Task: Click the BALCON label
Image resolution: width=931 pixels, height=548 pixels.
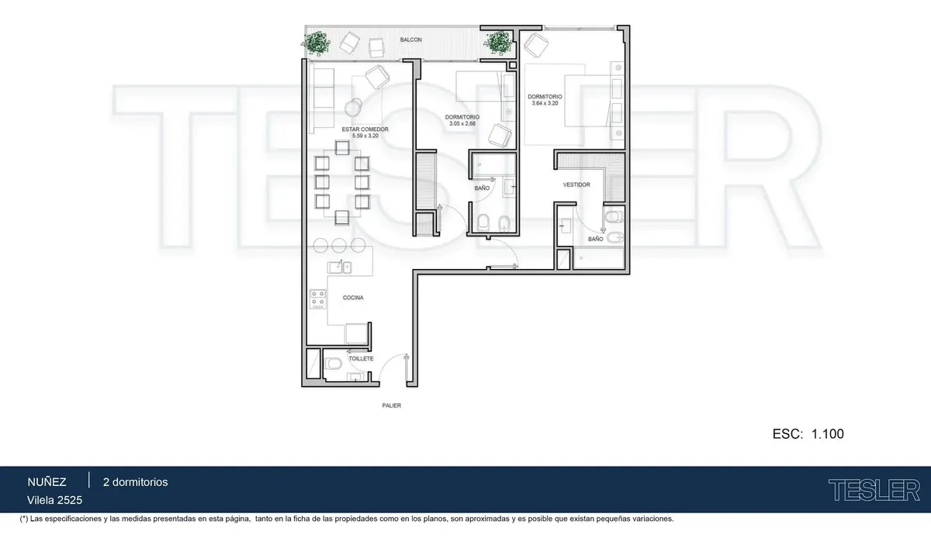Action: point(410,40)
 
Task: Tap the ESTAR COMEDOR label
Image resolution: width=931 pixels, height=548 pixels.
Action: point(365,129)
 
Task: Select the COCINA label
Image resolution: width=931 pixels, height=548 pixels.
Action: point(353,298)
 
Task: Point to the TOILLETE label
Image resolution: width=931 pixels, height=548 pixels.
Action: point(361,359)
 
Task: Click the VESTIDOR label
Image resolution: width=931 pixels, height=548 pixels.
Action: point(576,184)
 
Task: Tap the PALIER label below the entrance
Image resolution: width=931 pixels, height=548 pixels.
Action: point(392,405)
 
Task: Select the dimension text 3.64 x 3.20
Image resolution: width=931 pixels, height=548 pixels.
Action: point(545,103)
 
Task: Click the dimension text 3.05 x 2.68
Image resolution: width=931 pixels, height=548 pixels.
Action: point(462,124)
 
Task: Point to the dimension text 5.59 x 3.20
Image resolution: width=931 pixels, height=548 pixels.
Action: point(365,136)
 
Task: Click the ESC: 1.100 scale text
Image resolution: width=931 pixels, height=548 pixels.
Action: point(808,434)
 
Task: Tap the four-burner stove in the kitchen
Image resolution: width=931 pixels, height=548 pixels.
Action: point(317,299)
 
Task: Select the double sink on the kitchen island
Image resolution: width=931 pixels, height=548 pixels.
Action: point(340,267)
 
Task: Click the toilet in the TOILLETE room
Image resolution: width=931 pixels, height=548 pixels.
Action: point(333,364)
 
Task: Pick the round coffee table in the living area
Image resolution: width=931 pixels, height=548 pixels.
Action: point(353,108)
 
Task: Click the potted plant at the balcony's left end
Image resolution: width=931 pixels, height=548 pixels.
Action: point(317,43)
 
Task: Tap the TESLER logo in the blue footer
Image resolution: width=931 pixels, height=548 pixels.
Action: point(874,490)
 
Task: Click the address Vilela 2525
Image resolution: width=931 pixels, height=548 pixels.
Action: point(54,500)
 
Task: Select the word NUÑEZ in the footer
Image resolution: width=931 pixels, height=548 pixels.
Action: point(47,482)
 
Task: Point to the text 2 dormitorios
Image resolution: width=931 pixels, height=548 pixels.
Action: point(136,482)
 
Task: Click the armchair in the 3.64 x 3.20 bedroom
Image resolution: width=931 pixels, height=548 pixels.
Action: point(536,45)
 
